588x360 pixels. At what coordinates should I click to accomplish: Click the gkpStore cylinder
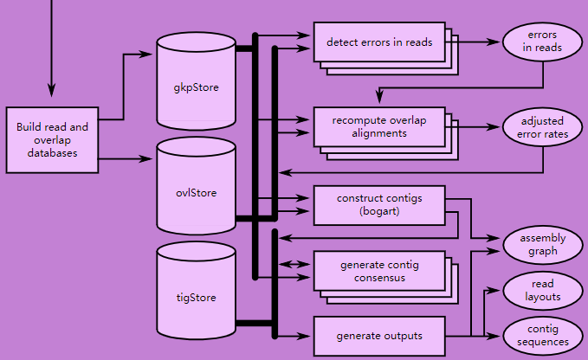196,87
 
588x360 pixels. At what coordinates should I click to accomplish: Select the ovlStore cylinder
196,192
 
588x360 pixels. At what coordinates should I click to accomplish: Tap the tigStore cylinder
196,298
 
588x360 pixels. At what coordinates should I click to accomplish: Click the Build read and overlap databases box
52,139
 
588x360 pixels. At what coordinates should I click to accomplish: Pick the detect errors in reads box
379,42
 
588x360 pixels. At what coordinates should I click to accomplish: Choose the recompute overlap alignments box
379,126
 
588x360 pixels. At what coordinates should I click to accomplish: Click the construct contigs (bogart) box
379,204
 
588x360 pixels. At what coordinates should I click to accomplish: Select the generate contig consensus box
379,272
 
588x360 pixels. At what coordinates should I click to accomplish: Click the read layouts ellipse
543,291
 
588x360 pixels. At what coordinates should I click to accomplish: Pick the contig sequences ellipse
543,336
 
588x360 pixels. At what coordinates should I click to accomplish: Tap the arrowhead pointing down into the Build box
51,88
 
